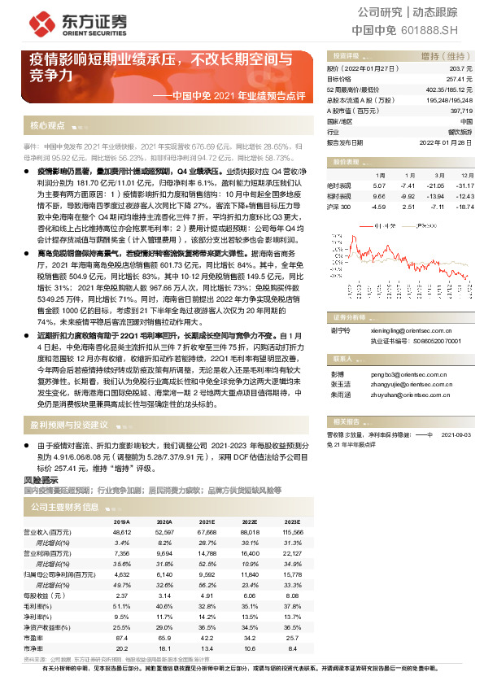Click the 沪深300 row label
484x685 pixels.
pyautogui.click(x=316, y=206)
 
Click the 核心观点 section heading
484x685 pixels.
pyautogui.click(x=46, y=126)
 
